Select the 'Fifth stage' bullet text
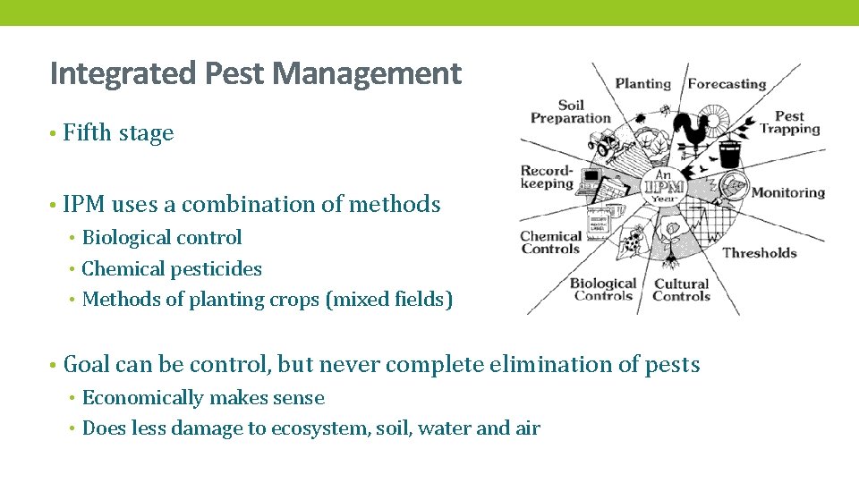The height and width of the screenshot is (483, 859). point(118,133)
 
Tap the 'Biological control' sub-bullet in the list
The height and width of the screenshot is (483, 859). point(162,238)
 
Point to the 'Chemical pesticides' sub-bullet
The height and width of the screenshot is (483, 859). point(172,269)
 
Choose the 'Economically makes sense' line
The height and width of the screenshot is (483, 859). point(203,398)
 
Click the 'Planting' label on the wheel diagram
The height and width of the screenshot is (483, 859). point(642,84)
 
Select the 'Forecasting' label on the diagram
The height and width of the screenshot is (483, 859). point(727,84)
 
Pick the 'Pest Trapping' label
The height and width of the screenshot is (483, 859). point(789,123)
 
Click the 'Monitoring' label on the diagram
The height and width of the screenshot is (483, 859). point(787,192)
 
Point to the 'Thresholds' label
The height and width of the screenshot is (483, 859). point(759,253)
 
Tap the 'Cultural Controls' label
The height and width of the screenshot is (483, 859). point(681,290)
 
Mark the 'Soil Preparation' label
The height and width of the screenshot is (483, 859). point(570,112)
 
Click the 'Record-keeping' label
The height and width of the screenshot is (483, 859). point(547,177)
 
